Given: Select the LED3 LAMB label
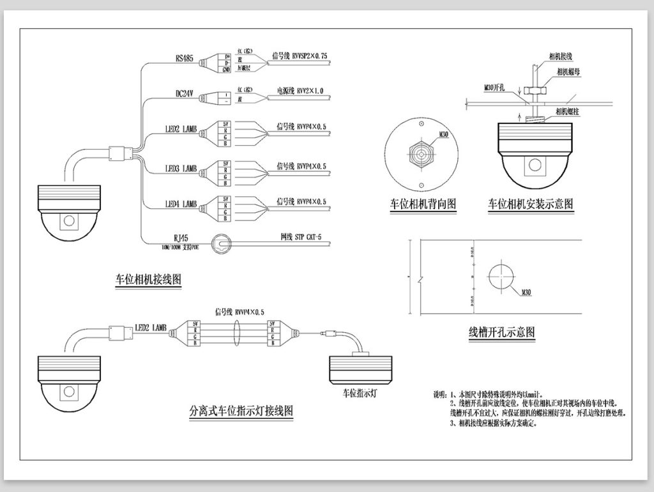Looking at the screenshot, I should pos(181,169).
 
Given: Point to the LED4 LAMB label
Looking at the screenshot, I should pos(181,204).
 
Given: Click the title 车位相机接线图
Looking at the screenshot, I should pos(148,280).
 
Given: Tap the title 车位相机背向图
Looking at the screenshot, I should pos(423,204).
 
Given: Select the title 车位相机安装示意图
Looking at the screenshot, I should pos(531,204).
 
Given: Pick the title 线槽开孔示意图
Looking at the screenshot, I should pos(501,332).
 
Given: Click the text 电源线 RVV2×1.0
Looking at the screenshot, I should pos(300,91).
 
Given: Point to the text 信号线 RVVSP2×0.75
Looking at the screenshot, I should pos(300,56).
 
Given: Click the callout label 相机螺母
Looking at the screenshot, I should pos(568,72).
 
